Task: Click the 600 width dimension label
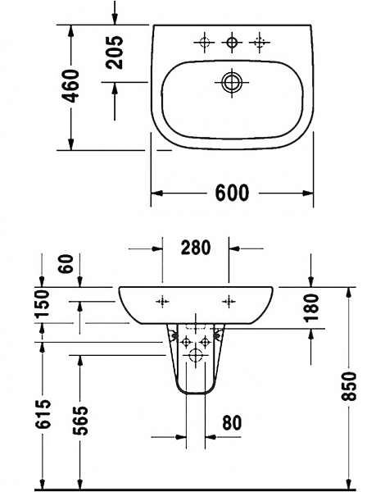(232, 194)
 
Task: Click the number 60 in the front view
(66, 264)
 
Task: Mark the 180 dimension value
(312, 308)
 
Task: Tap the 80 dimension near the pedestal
(232, 423)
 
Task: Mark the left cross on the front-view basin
(164, 302)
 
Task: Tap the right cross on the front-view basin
(227, 302)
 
